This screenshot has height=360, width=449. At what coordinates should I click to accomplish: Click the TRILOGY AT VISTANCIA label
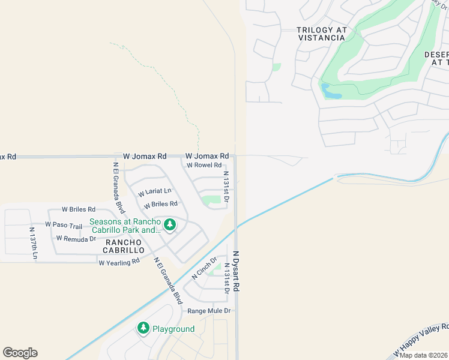[x=321, y=34]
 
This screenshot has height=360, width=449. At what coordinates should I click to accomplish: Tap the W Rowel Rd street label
[x=204, y=165]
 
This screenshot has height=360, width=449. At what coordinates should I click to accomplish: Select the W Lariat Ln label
[x=154, y=192]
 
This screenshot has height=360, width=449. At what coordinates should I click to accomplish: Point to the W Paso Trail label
[x=63, y=226]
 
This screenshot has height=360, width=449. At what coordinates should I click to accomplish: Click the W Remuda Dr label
[x=76, y=238]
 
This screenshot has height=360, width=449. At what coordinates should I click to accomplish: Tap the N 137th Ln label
[x=34, y=243]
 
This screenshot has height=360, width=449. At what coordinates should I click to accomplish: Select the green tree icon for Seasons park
[x=170, y=224]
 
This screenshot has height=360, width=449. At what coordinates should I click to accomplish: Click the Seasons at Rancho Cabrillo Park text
[x=125, y=225]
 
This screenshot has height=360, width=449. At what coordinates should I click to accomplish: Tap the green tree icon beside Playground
[x=143, y=328]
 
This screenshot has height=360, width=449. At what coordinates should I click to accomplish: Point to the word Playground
[x=173, y=329]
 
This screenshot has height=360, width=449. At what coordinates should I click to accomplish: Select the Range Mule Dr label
[x=209, y=311]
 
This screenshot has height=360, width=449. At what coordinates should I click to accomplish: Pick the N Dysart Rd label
[x=237, y=271]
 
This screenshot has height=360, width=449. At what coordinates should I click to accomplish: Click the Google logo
[x=20, y=352]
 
